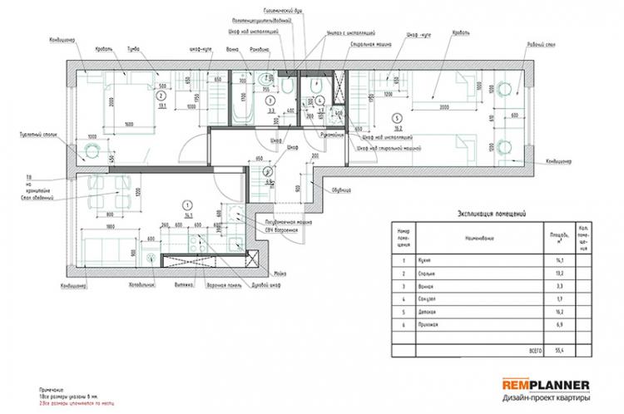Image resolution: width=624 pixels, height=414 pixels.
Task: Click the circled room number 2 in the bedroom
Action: click(x=160, y=96)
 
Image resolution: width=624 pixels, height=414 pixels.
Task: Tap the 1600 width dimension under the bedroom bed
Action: click(x=129, y=124)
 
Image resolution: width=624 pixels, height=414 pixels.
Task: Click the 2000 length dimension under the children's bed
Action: click(x=446, y=108)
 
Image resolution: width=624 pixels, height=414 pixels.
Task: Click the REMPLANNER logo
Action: click(x=547, y=385)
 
